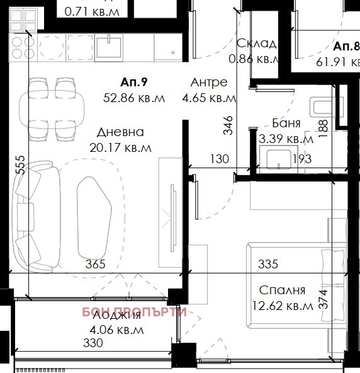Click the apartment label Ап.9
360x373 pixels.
(133, 83)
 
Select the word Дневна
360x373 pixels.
(120, 132)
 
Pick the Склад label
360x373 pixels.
(256, 43)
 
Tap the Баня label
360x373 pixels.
(286, 123)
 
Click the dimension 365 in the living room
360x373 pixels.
(95, 264)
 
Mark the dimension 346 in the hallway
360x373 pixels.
(228, 127)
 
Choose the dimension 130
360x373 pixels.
(219, 159)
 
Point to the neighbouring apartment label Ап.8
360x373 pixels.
(346, 47)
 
